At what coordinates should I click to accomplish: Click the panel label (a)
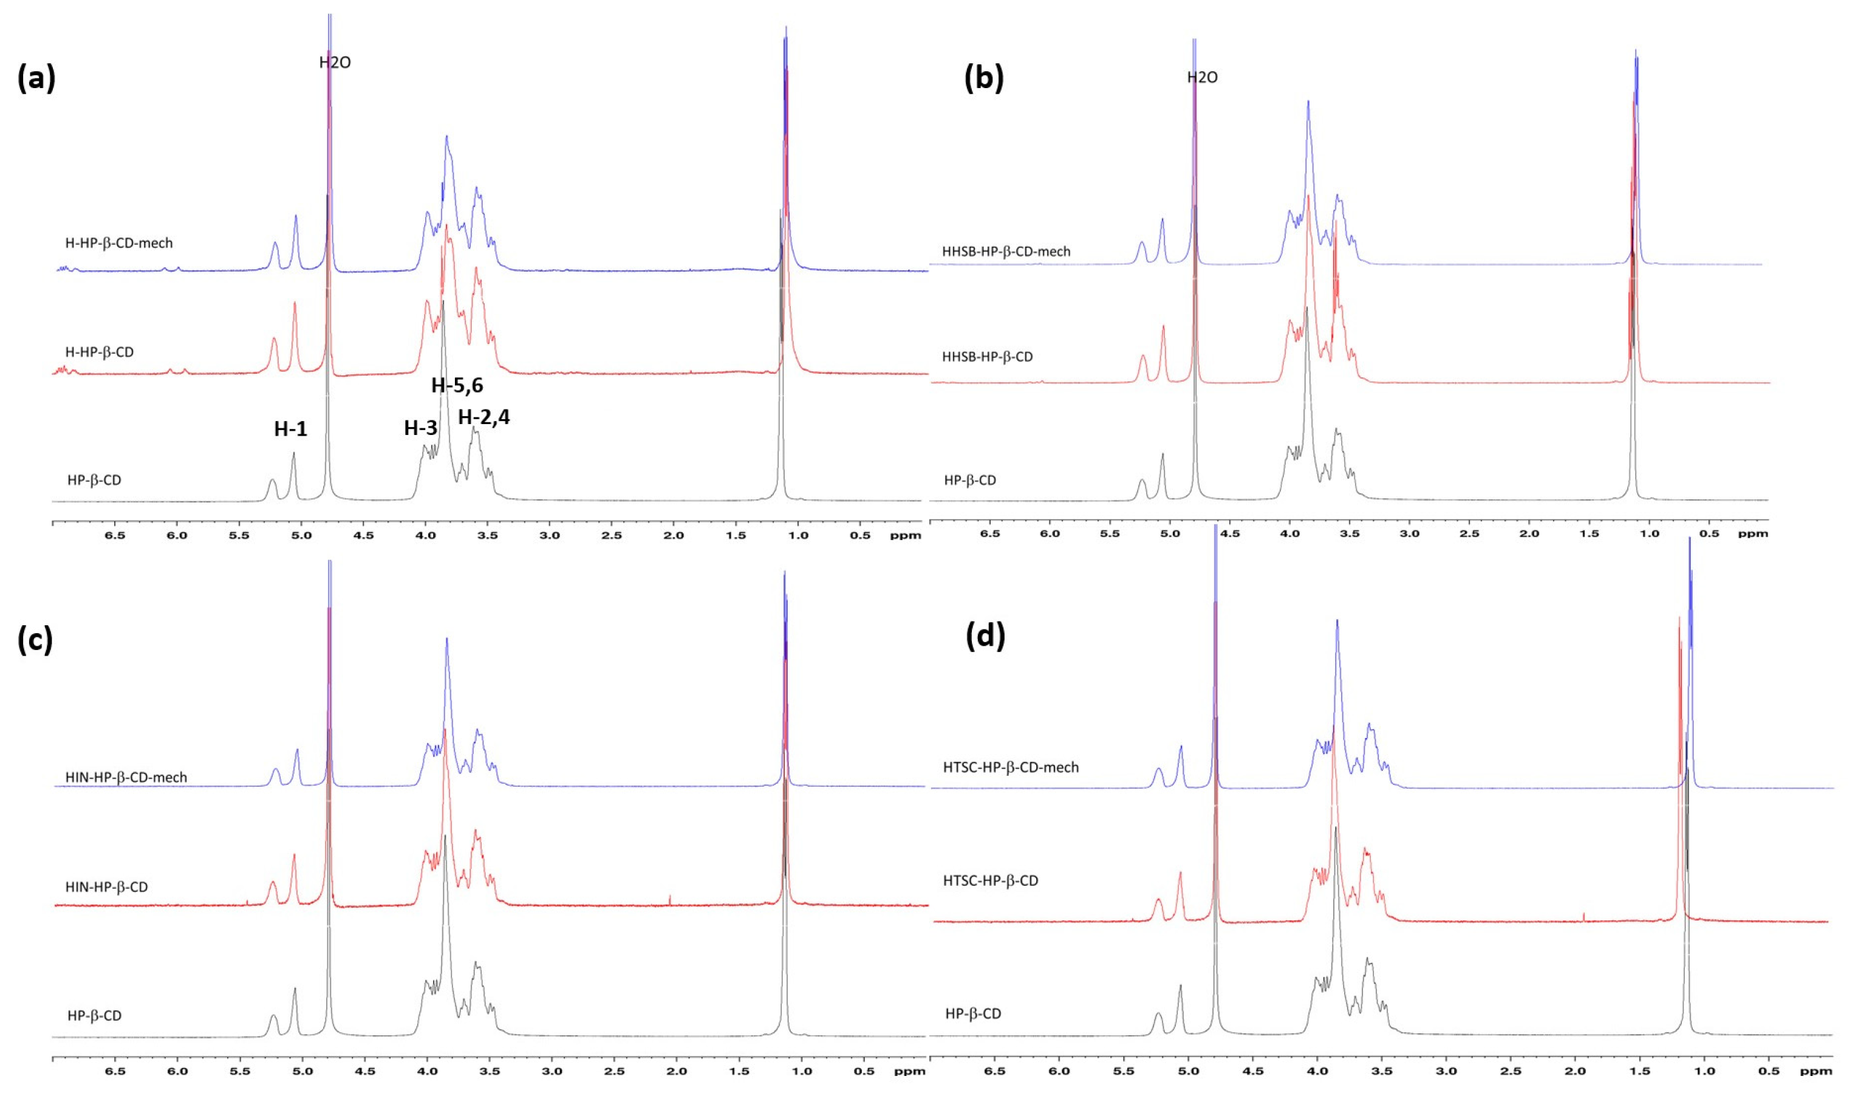click(36, 79)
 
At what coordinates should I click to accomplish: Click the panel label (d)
click(985, 636)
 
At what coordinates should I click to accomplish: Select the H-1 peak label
click(290, 429)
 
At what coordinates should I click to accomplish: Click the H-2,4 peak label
click(483, 417)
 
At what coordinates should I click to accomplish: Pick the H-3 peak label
click(420, 428)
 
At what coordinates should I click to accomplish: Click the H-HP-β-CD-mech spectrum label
click(119, 243)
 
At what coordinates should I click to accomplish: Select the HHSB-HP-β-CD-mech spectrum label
click(1005, 251)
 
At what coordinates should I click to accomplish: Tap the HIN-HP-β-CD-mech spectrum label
click(126, 777)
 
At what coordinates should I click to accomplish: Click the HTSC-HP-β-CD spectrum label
click(990, 880)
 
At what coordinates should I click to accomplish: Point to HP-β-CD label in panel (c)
click(95, 1015)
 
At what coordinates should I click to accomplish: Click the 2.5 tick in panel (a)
click(611, 535)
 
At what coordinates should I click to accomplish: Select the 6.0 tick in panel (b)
click(1049, 533)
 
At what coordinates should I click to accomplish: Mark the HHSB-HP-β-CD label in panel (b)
click(987, 357)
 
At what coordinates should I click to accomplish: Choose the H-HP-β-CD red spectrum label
click(100, 352)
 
